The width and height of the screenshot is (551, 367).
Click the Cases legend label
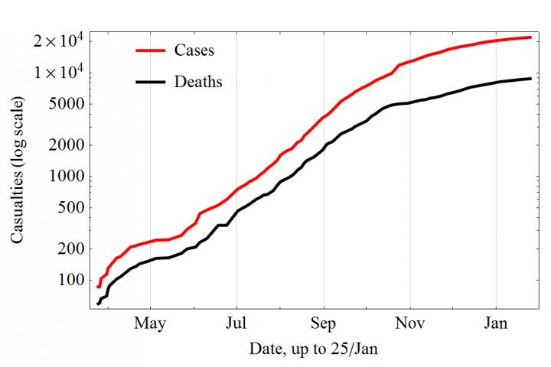[x=194, y=51]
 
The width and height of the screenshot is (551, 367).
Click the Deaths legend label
[x=198, y=81]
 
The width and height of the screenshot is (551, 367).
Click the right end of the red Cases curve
[x=531, y=37]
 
